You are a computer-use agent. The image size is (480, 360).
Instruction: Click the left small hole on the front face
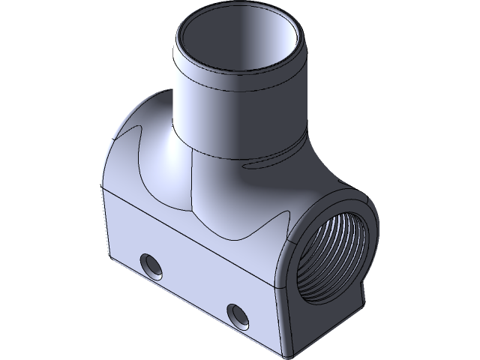(151, 265)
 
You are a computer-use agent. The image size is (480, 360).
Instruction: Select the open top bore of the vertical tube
(239, 45)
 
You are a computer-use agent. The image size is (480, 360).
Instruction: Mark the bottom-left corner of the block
(110, 255)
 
